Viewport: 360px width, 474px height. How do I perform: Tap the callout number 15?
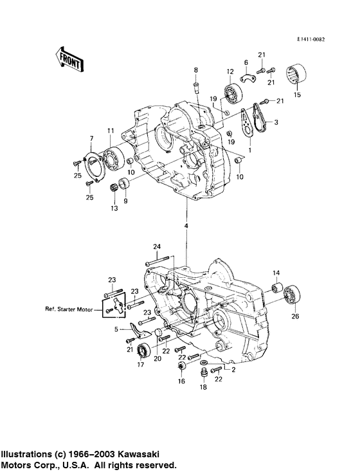pos(296,95)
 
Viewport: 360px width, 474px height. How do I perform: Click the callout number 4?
pos(187,226)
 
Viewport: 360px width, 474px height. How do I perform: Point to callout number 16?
pos(181,381)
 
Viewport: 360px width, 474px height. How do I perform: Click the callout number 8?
pos(197,69)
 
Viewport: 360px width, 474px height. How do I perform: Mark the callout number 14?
pos(277,273)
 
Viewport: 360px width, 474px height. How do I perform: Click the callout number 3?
pos(276,122)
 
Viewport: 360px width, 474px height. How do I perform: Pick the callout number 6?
pos(246,62)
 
